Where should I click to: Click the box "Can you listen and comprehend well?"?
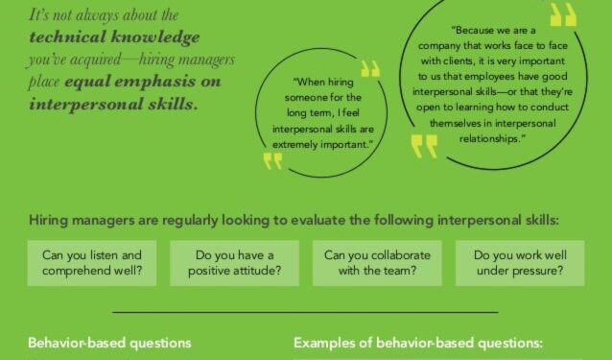click(x=92, y=262)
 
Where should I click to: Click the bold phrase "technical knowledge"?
click(x=115, y=37)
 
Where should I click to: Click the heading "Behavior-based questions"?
click(x=109, y=343)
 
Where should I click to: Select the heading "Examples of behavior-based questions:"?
click(x=418, y=343)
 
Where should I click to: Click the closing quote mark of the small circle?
click(x=273, y=159)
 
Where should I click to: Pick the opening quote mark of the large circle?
click(x=564, y=13)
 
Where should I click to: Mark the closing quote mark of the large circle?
click(x=423, y=145)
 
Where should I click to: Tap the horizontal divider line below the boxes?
click(x=305, y=312)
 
